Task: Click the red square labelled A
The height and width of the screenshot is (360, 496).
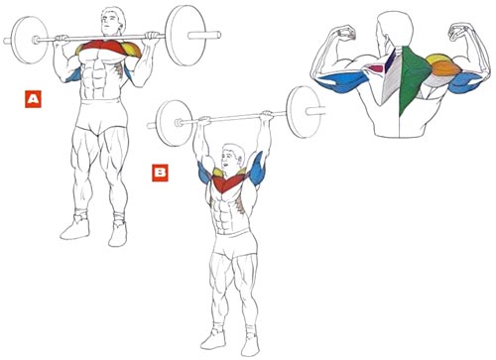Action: click(x=33, y=99)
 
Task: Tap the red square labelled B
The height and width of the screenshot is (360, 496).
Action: click(x=160, y=173)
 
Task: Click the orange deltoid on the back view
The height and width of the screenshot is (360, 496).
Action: click(x=445, y=69)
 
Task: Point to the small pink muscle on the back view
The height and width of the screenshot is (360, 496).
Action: click(x=376, y=68)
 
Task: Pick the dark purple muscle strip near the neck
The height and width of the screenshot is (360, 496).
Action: click(x=391, y=60)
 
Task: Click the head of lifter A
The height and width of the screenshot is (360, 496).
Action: click(x=113, y=21)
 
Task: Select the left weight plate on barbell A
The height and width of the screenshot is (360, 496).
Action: click(x=30, y=40)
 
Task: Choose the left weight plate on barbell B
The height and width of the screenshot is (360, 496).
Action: click(x=174, y=123)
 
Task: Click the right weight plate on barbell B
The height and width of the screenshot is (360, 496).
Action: click(x=304, y=112)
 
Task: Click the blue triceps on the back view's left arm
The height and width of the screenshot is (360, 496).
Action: click(x=342, y=82)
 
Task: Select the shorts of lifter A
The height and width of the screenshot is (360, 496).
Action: click(x=101, y=116)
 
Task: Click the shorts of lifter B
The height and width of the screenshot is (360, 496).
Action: click(x=235, y=245)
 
